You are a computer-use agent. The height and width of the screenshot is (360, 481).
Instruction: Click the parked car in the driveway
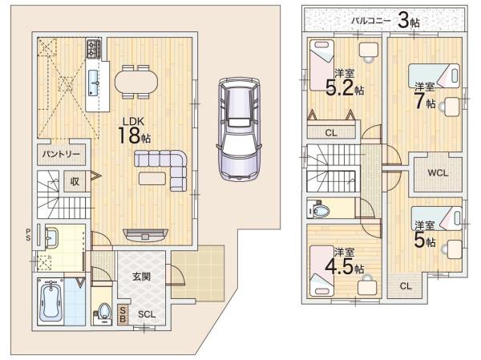point(240,128)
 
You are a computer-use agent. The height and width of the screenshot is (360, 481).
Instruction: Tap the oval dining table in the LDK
point(136,82)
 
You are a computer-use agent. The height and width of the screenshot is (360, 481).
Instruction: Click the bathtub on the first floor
point(51,302)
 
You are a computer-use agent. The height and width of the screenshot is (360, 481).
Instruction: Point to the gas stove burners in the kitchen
point(94,48)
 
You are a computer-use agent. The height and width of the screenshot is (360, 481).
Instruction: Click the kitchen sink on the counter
point(93,83)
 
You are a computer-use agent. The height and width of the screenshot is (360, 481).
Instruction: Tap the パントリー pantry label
point(61,154)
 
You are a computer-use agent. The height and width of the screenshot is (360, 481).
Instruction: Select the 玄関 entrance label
point(141,277)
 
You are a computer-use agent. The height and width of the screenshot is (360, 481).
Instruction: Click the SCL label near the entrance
point(147,314)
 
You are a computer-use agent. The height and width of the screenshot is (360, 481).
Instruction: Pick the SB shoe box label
point(123,314)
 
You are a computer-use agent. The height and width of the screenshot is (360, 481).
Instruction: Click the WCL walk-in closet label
point(438,173)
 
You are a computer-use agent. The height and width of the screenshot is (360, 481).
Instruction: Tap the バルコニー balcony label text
point(371,21)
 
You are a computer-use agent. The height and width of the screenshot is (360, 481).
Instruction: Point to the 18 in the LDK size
point(129,136)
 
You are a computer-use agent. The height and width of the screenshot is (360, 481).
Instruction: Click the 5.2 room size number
point(339,88)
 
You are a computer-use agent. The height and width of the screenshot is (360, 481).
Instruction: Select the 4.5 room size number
point(339,267)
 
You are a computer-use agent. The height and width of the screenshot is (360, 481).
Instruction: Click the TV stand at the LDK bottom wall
point(145,235)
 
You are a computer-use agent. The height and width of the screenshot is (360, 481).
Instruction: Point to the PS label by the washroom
point(28,234)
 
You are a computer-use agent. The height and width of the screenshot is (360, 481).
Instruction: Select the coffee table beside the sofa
point(152,179)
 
